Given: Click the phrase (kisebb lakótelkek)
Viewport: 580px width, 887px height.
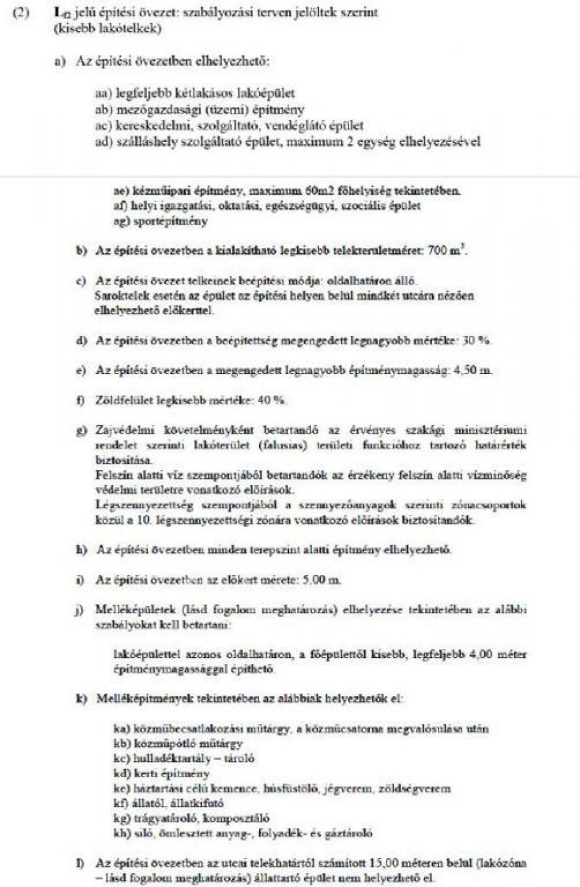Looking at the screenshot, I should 108,28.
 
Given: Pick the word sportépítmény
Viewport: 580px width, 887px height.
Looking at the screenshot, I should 170,221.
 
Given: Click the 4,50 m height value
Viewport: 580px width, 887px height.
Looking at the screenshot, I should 472,371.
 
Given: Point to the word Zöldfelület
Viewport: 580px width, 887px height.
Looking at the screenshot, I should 121,401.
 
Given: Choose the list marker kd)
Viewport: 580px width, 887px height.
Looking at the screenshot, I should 122,774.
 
